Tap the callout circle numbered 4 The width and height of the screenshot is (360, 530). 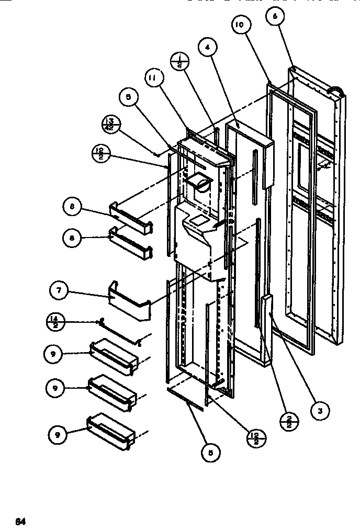click(208, 48)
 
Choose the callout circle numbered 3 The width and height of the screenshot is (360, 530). click(321, 410)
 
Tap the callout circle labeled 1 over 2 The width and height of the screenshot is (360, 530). click(179, 62)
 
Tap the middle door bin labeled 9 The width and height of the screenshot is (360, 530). click(112, 390)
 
